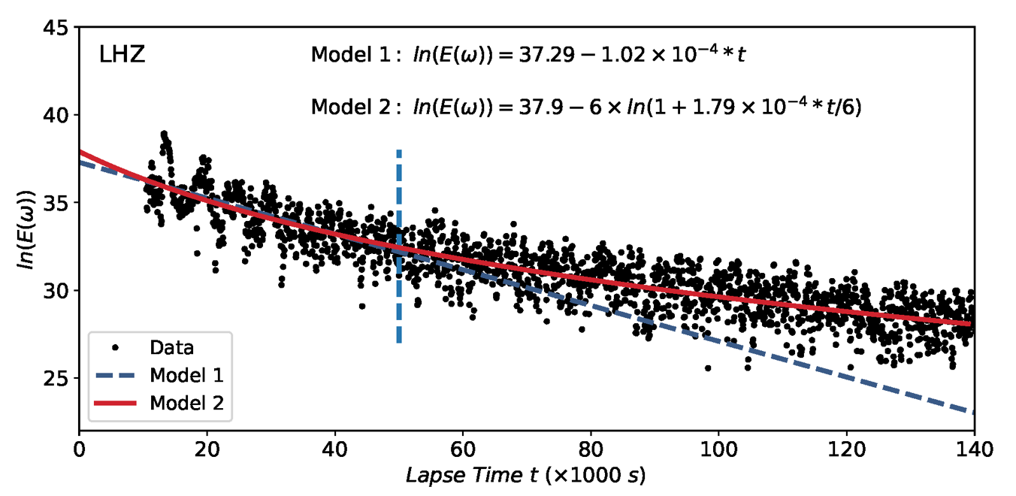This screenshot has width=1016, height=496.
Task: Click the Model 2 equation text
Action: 586,107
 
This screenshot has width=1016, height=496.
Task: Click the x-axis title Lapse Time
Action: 526,476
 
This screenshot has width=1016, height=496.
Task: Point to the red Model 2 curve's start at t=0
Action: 80,152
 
